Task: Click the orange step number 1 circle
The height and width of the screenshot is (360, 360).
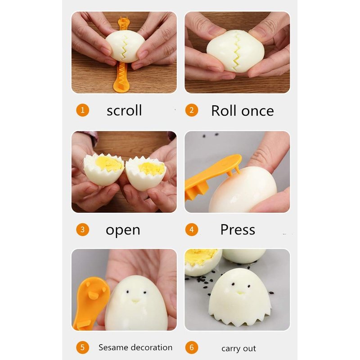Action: tap(82, 110)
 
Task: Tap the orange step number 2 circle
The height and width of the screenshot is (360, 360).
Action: tap(192, 110)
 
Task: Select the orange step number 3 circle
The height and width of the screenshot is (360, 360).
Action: tap(82, 229)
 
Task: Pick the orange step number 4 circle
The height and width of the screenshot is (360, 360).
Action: tap(192, 229)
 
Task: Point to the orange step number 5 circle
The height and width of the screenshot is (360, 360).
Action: tap(82, 347)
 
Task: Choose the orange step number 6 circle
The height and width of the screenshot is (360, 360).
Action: tap(192, 347)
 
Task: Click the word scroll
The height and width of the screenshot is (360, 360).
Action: tap(124, 110)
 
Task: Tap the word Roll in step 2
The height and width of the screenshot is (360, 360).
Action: tap(224, 111)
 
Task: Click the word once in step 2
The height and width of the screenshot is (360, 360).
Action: tap(257, 111)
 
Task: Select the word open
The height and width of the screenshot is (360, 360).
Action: tap(123, 230)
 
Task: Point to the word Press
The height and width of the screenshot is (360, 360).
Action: tap(238, 229)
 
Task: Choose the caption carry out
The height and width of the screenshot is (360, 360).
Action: tap(238, 348)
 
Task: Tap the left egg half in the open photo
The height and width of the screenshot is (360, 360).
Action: tap(104, 170)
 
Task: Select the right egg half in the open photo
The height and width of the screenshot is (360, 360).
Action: tap(145, 174)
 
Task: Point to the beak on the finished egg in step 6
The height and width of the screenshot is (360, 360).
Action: tap(240, 293)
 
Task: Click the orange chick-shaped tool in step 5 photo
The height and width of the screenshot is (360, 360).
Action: tap(90, 303)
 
